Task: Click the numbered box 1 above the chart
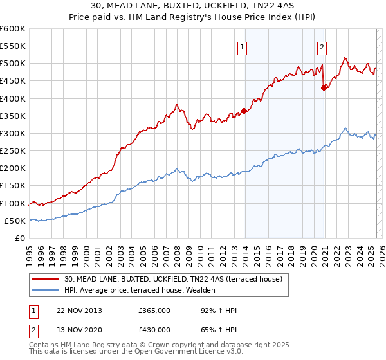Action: point(243,46)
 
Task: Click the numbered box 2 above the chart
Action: point(321,46)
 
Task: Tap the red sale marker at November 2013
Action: point(244,111)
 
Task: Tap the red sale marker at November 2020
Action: point(324,88)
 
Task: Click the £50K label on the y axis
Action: point(15,221)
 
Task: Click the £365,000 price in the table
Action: point(154,310)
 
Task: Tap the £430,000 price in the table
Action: point(154,331)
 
